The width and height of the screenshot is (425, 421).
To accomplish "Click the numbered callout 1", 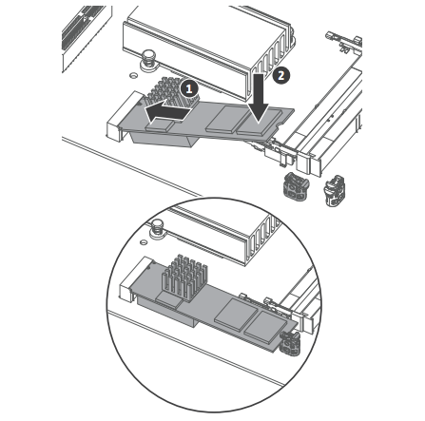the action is coord(189,88).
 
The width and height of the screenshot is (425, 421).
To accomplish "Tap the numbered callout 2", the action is coord(280,75).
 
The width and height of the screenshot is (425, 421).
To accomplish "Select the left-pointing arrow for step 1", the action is coord(168,110).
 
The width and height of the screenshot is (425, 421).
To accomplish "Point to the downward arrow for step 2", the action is coord(259,98).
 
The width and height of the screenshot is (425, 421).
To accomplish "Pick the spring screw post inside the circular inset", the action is coord(157,228).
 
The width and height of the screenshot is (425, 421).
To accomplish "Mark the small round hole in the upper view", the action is coord(133,75).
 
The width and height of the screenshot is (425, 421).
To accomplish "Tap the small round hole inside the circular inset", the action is coord(144,241).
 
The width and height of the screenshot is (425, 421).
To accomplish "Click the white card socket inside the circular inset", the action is coord(134,278).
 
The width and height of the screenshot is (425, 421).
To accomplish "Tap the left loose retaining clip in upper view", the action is coord(296,187).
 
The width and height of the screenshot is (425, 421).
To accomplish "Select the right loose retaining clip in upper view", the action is coord(334,190).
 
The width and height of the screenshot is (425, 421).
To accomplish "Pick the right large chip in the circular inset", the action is coord(264,328).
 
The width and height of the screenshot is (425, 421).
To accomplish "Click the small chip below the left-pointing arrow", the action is coord(160,125).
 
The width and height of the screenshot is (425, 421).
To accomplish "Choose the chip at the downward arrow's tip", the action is coord(260,122).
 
